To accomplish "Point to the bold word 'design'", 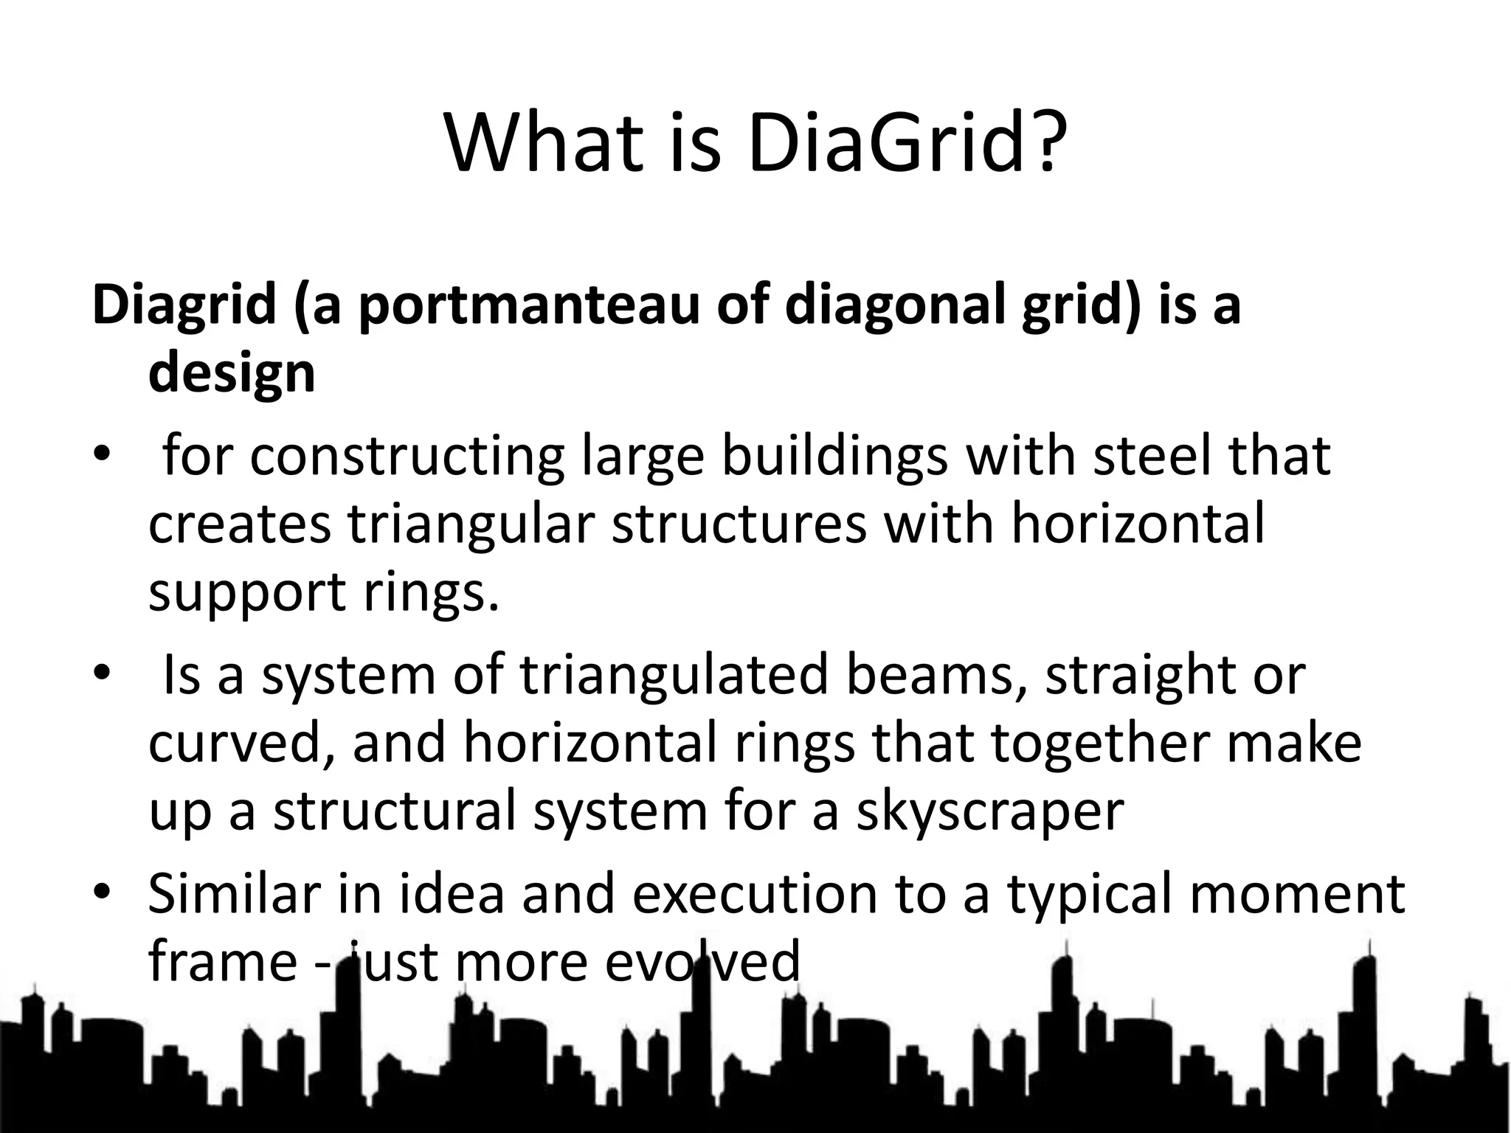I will [x=232, y=374].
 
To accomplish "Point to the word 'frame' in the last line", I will [x=222, y=961].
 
